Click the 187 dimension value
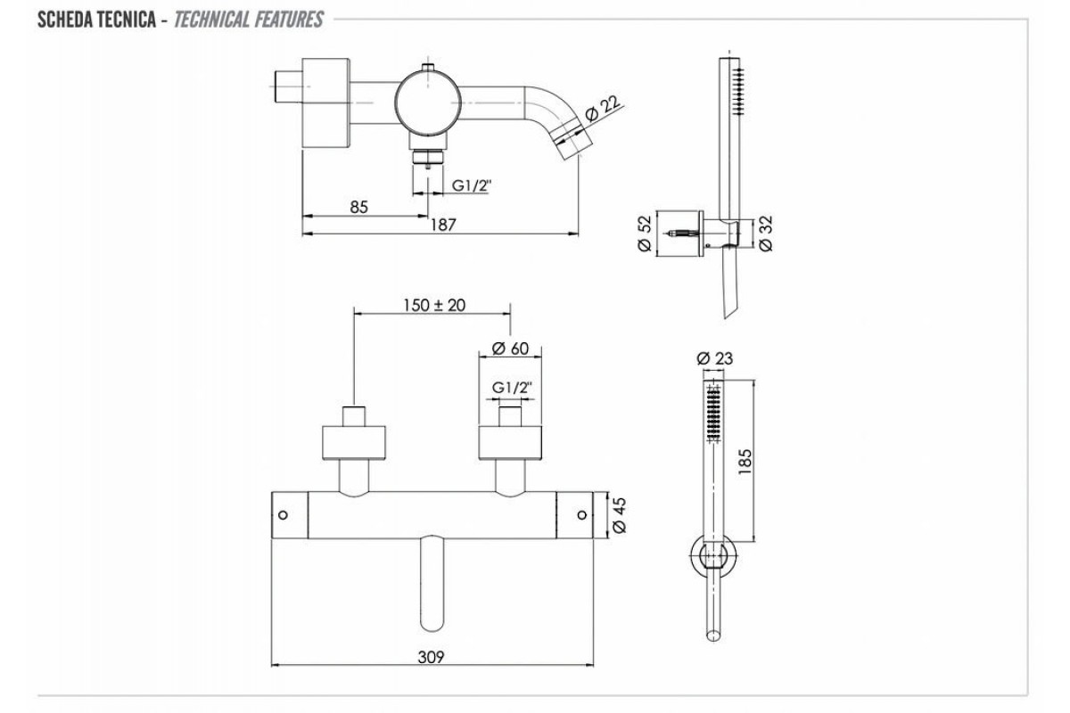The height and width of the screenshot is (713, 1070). point(443,225)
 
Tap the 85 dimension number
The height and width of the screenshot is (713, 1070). point(358,207)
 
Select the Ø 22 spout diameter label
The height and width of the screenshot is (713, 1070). point(603,109)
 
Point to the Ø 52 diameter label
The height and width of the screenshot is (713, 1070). point(645,233)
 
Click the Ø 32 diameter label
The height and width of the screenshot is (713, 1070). point(765,233)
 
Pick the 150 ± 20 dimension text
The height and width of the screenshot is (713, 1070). point(434,305)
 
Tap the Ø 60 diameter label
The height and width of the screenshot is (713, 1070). point(510,348)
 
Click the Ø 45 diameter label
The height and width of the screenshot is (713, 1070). point(619,515)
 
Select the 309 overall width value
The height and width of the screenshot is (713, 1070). point(431,657)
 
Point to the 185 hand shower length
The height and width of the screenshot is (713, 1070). point(745,462)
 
